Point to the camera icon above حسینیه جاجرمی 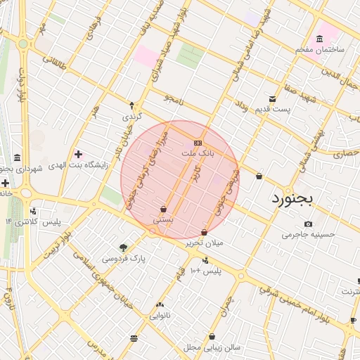click(x=308, y=224)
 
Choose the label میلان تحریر click(x=204, y=243)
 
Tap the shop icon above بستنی click(x=163, y=209)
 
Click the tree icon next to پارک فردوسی click(x=124, y=247)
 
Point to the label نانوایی click(x=160, y=316)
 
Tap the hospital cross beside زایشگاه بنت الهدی click(x=78, y=154)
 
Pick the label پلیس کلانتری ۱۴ click(x=33, y=221)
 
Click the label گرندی click(x=132, y=115)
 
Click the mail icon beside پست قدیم click(x=272, y=98)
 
